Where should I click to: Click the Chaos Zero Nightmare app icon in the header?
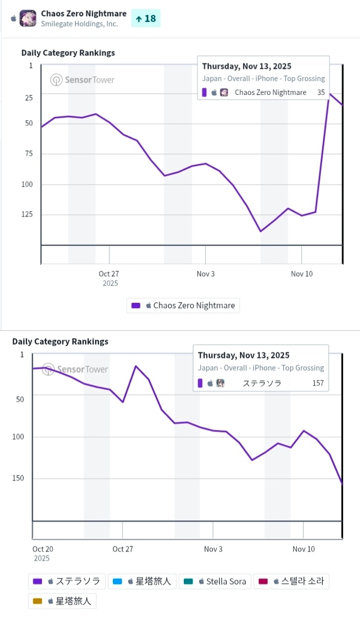pyautogui.click(x=28, y=18)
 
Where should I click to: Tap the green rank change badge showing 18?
pyautogui.click(x=146, y=19)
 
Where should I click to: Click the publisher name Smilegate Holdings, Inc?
pyautogui.click(x=79, y=24)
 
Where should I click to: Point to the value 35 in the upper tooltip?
pyautogui.click(x=321, y=92)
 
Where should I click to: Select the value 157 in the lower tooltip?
pyautogui.click(x=318, y=383)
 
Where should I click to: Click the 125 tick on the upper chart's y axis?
pyautogui.click(x=26, y=214)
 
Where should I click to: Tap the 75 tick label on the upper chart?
pyautogui.click(x=28, y=154)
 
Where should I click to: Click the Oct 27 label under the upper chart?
pyautogui.click(x=109, y=274)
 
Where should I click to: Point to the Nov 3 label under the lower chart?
pyautogui.click(x=213, y=549)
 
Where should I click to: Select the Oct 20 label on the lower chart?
pyautogui.click(x=42, y=549)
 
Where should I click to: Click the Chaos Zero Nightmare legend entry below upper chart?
pyautogui.click(x=183, y=305)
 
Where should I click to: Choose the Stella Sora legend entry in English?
pyautogui.click(x=215, y=581)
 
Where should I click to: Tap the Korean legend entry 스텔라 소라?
pyautogui.click(x=291, y=581)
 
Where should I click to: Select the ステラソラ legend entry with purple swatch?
pyautogui.click(x=67, y=581)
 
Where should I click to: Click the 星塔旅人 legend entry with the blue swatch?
pyautogui.click(x=142, y=581)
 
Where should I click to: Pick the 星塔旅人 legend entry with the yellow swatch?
pyautogui.click(x=62, y=601)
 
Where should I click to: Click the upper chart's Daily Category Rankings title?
pyautogui.click(x=68, y=53)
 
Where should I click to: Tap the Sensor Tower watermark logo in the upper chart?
pyautogui.click(x=83, y=80)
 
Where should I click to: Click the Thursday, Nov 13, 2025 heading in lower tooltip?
pyautogui.click(x=244, y=355)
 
